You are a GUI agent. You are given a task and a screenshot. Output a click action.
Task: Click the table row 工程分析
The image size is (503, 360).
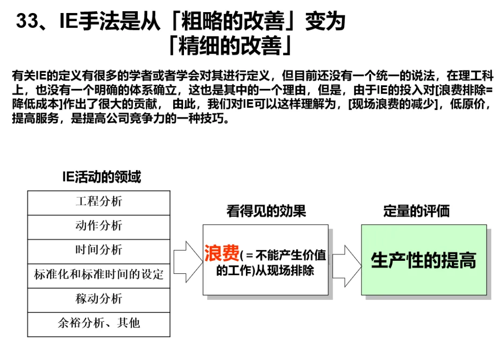pos(99,202)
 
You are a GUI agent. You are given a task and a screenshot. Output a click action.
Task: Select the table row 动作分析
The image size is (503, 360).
pos(99,226)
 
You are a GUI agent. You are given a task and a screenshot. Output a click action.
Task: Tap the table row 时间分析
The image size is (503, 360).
pos(99,251)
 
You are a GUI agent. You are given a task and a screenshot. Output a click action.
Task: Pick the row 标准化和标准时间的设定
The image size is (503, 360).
pos(99,275)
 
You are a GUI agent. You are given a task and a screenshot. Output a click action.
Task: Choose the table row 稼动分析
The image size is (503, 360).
pos(99,299)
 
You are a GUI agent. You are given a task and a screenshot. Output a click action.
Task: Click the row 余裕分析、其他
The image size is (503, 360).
pos(99,324)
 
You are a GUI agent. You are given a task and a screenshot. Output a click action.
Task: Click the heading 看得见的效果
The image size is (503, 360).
pos(266,211)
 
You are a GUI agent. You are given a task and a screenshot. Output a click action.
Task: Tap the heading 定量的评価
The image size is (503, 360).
pos(416,211)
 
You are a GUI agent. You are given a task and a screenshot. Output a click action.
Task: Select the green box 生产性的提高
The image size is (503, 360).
pos(423,260)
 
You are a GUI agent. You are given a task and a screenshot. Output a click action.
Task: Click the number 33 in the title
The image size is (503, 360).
pos(27,22)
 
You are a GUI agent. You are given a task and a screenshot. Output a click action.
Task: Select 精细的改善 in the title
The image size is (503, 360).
pos(230,46)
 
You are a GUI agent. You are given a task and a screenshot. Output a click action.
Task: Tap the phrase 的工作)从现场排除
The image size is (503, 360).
pos(265,271)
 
